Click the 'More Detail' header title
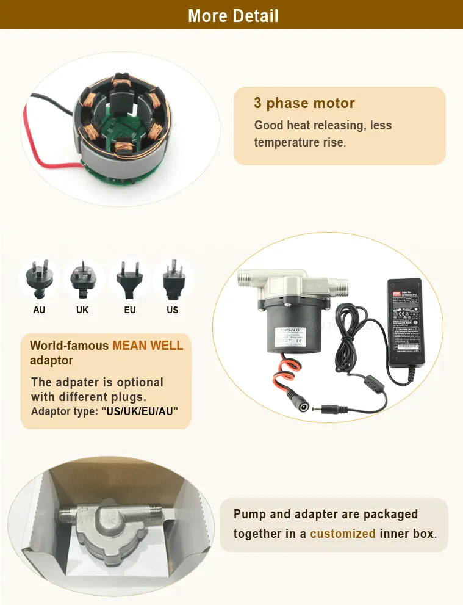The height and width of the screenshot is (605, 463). point(233,15)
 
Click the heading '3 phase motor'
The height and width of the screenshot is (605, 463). point(304,103)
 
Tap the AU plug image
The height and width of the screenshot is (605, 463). point(39,280)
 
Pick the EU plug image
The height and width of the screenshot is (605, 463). point(129,280)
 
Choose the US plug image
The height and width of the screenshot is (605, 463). point(173,280)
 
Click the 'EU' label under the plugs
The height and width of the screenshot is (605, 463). point(130,310)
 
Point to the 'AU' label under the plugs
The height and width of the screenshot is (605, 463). point(39,310)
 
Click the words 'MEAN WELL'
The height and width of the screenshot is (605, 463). point(147,346)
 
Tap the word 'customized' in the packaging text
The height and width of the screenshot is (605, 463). point(342,534)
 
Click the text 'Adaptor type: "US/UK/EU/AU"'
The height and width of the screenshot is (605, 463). point(104,411)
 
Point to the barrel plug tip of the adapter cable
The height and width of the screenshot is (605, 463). point(318,408)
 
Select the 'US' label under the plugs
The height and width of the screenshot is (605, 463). point(173,310)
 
